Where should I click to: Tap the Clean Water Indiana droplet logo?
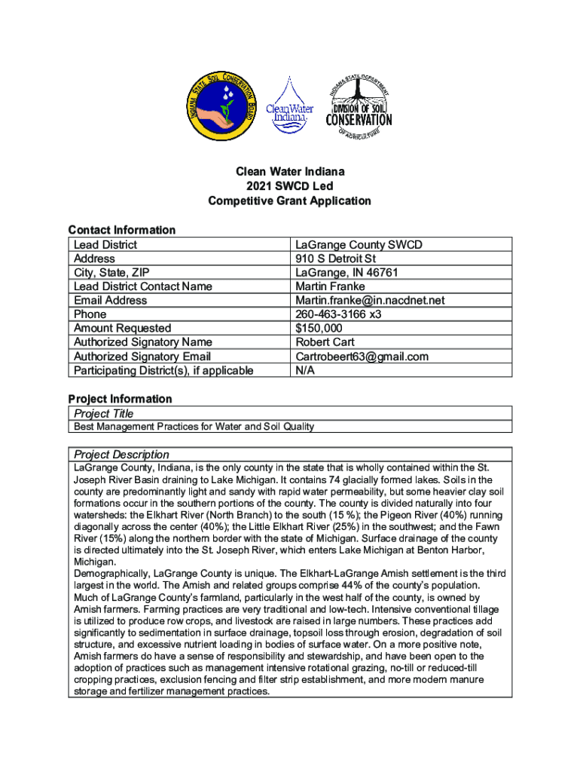coord(289,106)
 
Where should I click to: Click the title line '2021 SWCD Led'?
coord(289,186)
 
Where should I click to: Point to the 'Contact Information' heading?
coord(121,230)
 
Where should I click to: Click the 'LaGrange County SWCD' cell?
coord(359,245)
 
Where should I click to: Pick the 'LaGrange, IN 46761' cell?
coord(346,272)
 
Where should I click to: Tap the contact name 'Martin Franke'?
coord(330,286)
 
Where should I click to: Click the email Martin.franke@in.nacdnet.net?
coord(370,300)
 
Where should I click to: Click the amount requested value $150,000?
coord(319,328)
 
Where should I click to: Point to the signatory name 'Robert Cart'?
coord(325,342)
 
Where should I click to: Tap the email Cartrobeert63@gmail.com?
coord(362,357)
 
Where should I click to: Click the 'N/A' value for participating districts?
coord(306,370)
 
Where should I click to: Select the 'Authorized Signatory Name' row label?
coord(142,342)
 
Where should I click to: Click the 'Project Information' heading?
coord(120,399)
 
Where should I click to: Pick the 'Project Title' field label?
coord(103,413)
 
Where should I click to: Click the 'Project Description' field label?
coord(121,455)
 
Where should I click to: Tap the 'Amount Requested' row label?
coord(122,328)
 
